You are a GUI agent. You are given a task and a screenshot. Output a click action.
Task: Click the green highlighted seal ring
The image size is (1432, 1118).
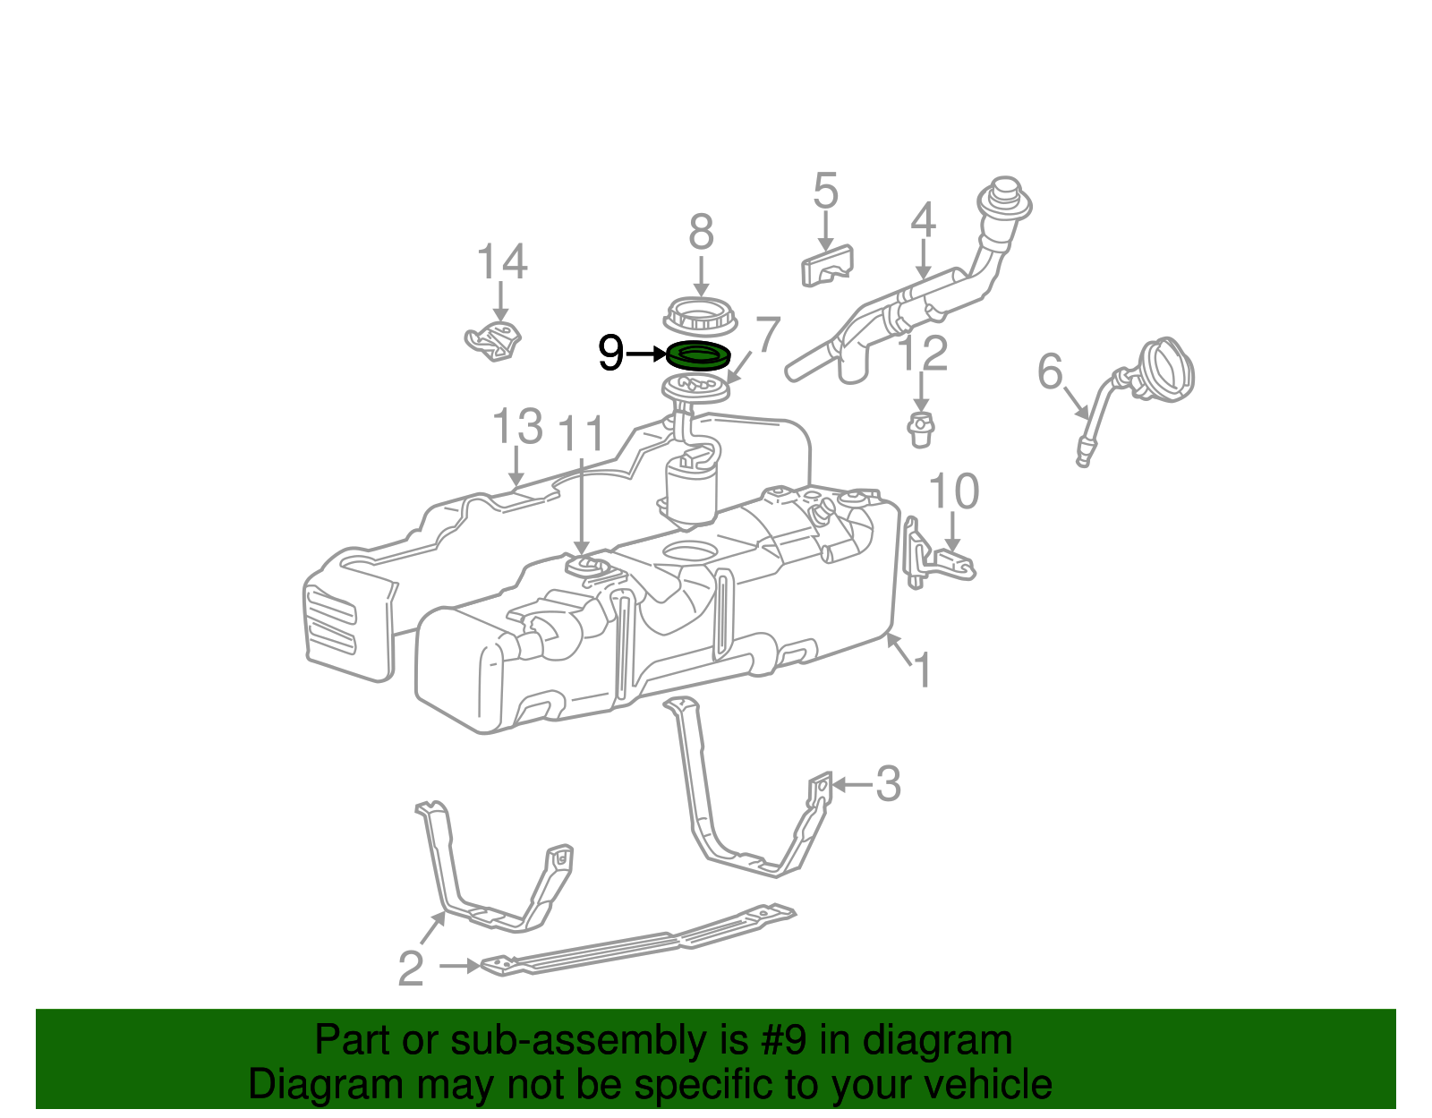coord(698,355)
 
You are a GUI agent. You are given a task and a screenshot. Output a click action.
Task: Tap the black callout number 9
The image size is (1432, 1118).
coord(610,354)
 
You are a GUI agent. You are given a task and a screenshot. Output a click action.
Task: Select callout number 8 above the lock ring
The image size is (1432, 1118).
coord(701,233)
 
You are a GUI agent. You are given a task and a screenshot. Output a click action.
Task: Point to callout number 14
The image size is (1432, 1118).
coord(501,262)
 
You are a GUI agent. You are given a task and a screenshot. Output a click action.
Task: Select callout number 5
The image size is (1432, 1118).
coord(825,192)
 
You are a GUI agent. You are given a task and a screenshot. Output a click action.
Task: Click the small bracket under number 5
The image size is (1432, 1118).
coord(827,265)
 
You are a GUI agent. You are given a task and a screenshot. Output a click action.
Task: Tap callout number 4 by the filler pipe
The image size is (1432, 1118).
coord(923,220)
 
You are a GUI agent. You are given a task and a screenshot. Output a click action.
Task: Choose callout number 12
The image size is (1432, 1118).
coord(923,354)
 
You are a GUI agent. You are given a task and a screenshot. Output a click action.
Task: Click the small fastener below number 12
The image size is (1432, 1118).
coord(920,430)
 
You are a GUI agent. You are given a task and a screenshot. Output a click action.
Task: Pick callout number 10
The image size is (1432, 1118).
coord(953,491)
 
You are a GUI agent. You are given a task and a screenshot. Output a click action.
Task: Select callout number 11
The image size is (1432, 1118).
coord(582,435)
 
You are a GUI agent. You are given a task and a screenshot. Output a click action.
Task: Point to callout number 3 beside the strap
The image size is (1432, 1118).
coord(887,784)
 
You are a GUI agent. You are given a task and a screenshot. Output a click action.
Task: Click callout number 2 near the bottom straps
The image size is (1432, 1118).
coord(410,969)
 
